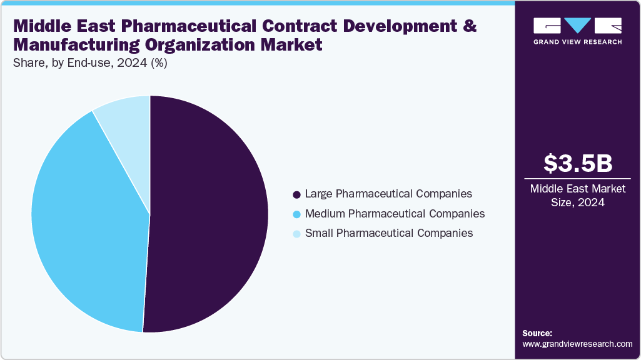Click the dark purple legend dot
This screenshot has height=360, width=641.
click(x=296, y=194)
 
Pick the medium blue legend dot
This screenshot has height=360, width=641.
click(x=296, y=214)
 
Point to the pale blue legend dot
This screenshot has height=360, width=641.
click(x=296, y=234)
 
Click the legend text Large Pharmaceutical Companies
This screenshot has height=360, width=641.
click(x=388, y=194)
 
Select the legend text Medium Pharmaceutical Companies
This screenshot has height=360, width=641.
click(x=394, y=214)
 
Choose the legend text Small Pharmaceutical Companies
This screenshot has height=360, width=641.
click(x=388, y=233)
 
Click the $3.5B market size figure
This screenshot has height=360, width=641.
click(x=577, y=163)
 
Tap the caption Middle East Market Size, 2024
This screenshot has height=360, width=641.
click(x=577, y=196)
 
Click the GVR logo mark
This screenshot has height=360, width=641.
click(x=577, y=26)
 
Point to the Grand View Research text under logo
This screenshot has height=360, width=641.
click(x=577, y=42)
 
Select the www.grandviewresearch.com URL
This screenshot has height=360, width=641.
click(x=577, y=344)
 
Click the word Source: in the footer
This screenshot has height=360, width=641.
click(x=537, y=333)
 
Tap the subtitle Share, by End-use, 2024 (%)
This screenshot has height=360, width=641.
click(x=89, y=63)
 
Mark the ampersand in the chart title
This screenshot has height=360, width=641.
click(x=470, y=27)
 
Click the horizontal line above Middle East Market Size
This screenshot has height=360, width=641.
click(x=577, y=179)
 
